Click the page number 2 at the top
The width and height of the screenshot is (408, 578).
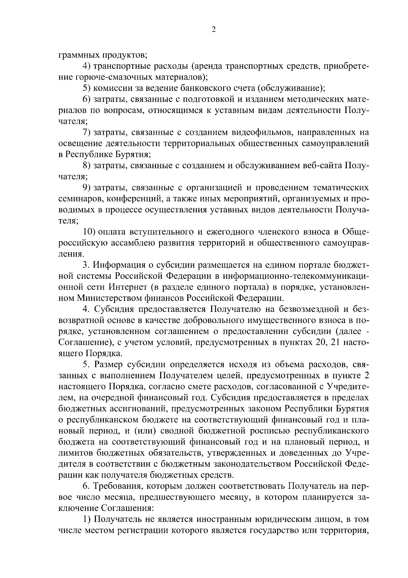click(213, 30)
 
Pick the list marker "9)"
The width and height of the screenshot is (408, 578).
click(87, 188)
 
